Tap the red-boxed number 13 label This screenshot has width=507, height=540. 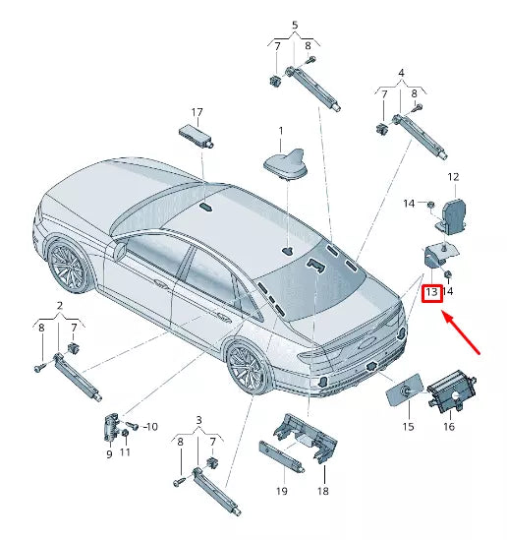(430, 292)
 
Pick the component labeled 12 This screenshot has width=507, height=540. (454, 214)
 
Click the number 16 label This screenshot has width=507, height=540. (448, 427)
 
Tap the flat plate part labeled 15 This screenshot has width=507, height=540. (403, 390)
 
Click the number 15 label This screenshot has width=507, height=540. (407, 427)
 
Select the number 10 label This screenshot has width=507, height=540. (149, 427)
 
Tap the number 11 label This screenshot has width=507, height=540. (125, 453)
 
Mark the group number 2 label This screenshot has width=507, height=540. (59, 306)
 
